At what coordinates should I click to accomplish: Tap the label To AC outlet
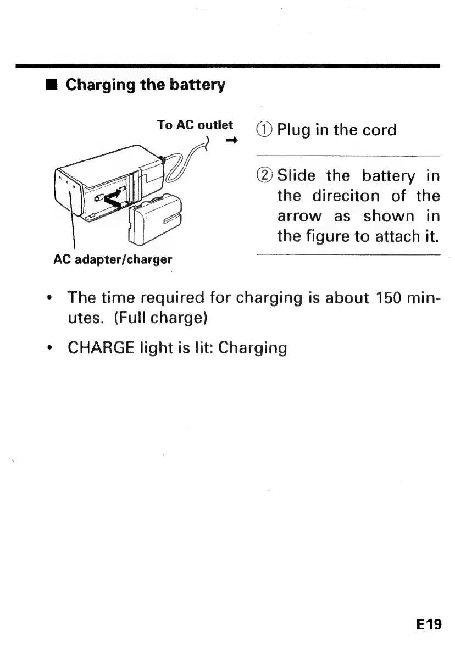tap(195, 125)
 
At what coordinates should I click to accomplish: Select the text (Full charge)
tap(160, 318)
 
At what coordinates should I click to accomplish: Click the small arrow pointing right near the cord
tap(231, 141)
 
